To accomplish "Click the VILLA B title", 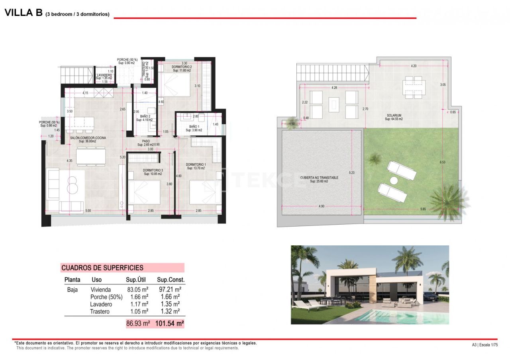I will [24, 13].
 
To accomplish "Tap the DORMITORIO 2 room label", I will [182, 67].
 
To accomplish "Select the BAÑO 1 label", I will [193, 127].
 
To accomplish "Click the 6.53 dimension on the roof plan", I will [442, 162].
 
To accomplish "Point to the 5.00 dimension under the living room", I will [88, 210].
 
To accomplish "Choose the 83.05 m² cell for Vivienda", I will [137, 290].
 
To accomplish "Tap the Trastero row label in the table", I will [100, 311].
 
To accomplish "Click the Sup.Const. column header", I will [171, 280].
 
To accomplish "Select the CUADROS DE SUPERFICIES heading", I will [102, 268].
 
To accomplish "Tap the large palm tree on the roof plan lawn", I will [448, 200].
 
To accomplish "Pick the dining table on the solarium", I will [412, 87].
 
